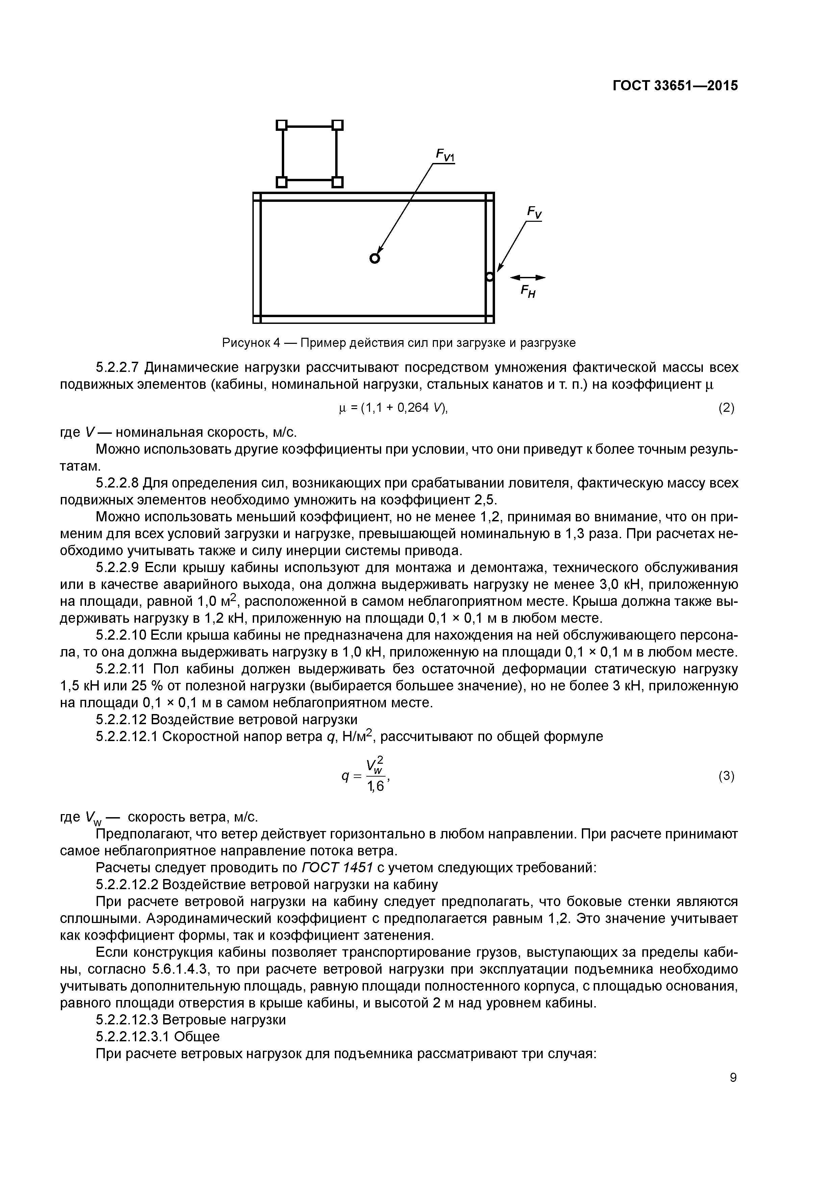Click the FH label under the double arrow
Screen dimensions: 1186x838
528,293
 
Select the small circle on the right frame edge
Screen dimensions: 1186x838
490,277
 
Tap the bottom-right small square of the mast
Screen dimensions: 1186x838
337,182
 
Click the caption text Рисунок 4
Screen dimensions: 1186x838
251,342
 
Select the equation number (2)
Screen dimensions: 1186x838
726,408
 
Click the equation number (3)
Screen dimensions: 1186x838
726,776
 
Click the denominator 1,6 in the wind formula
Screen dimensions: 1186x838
375,787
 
